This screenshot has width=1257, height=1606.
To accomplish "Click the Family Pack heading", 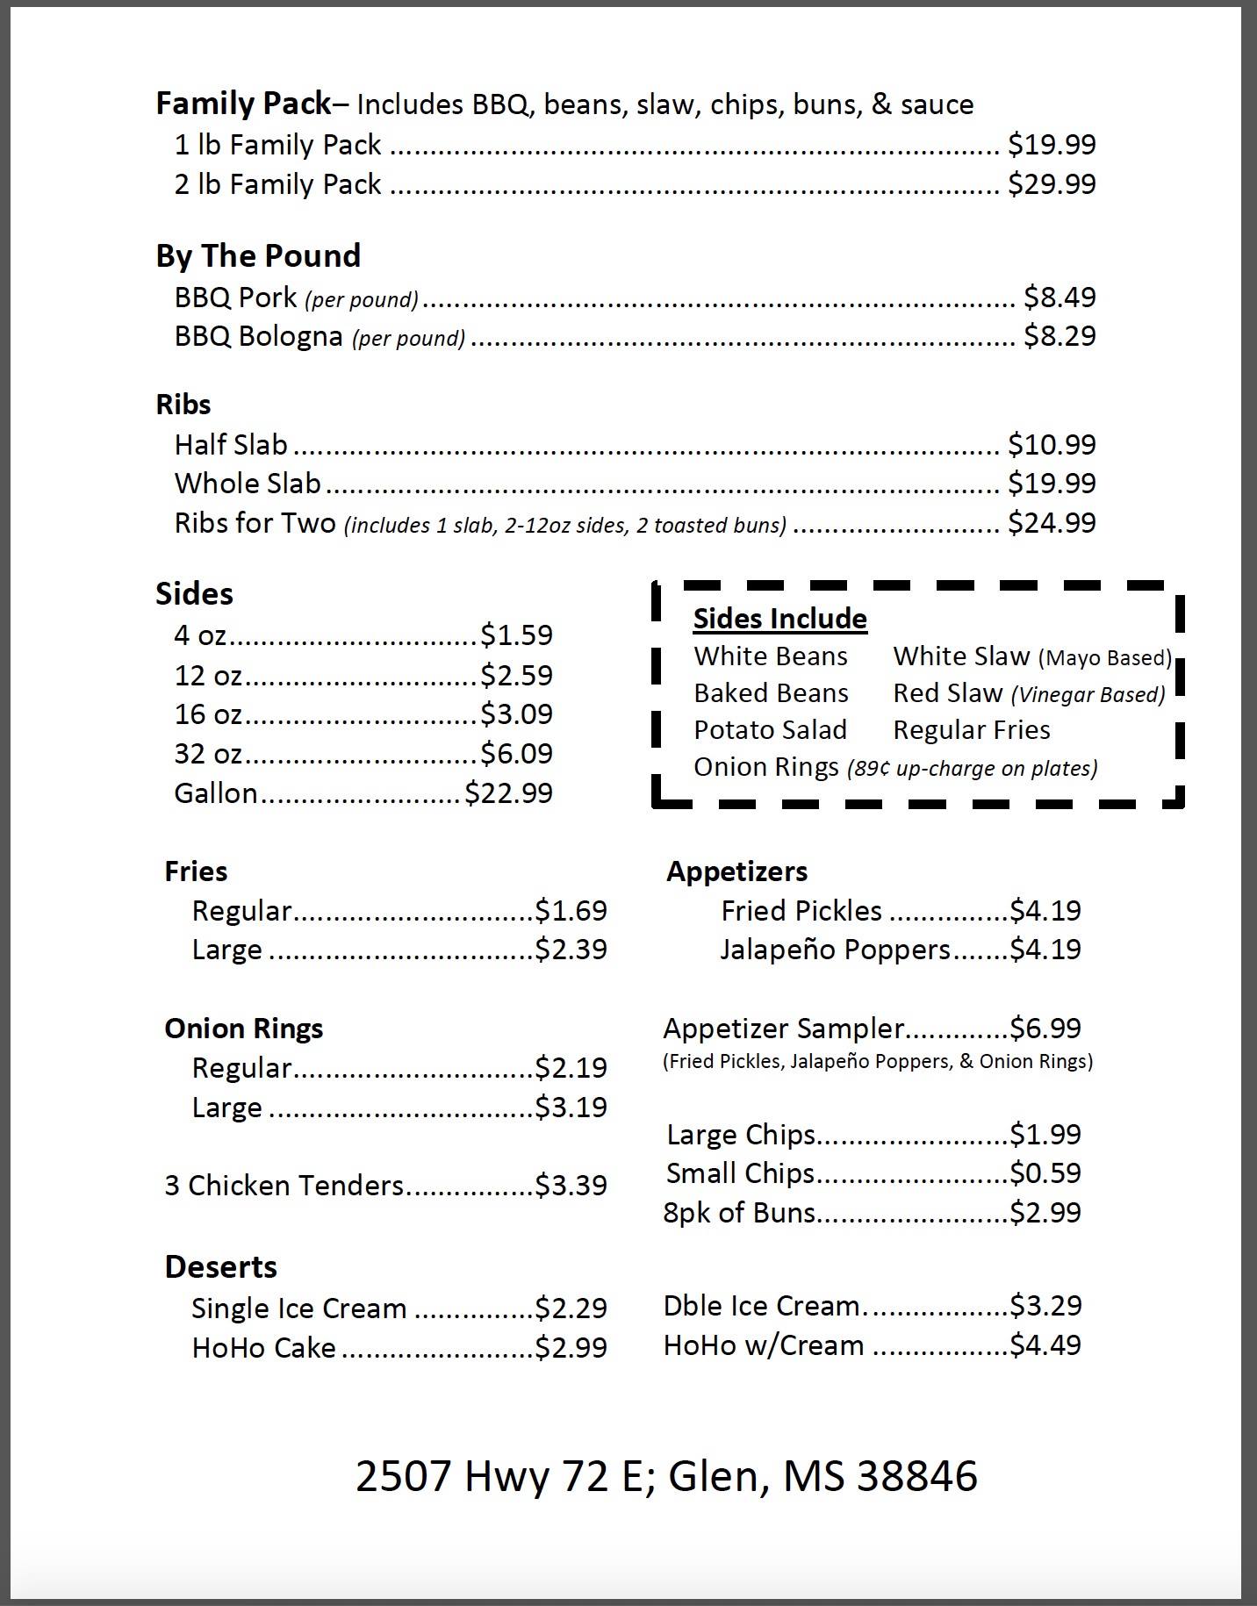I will [243, 104].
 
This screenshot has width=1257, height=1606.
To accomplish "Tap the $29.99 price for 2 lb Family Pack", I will [1052, 184].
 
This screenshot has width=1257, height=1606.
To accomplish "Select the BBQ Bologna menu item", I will [258, 336].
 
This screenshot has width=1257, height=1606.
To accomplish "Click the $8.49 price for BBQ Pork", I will [1059, 298].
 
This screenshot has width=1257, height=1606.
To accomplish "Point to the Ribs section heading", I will [183, 405].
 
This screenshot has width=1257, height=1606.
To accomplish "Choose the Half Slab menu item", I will [231, 445].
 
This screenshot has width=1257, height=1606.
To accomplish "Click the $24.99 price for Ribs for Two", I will [1052, 523].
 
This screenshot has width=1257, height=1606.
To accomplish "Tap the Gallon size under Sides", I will [215, 793].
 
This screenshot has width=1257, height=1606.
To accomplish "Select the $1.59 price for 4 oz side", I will [516, 635].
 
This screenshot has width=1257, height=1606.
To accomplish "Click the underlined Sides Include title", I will [779, 619].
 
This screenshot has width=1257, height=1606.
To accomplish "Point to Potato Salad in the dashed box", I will [770, 730].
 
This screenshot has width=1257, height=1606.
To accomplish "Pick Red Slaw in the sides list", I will [947, 693].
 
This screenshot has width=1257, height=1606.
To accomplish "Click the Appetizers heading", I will [736, 871].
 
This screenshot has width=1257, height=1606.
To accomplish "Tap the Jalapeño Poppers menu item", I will [835, 950].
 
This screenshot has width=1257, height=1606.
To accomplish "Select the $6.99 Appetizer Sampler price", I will [1045, 1028].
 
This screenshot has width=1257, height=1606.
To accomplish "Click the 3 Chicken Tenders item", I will [284, 1186].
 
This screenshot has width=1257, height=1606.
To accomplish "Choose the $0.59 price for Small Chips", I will [1045, 1173].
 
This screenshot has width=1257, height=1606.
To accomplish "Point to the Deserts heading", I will [220, 1267].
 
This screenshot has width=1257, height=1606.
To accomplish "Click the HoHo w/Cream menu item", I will [764, 1345].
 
